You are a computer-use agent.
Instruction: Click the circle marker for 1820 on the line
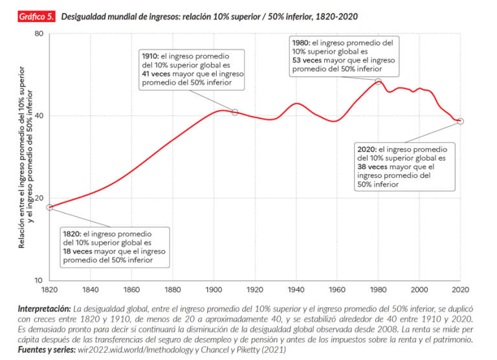tap(50, 207)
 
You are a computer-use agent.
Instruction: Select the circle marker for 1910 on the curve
tap(235, 113)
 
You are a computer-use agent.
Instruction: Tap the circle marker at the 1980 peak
tap(379, 82)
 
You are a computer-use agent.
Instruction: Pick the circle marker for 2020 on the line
tap(460, 121)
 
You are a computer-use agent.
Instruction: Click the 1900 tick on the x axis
tap(214, 289)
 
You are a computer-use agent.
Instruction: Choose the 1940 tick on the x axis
tap(296, 289)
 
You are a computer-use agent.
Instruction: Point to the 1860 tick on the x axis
tap(132, 289)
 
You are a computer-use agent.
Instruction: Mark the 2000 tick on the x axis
tap(419, 289)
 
